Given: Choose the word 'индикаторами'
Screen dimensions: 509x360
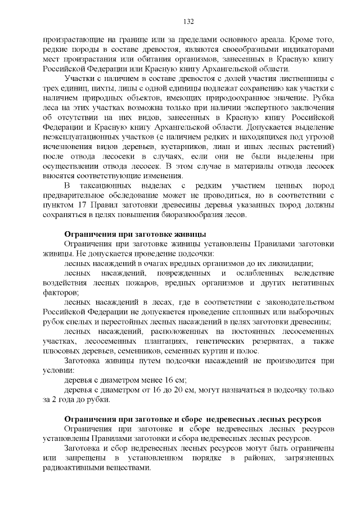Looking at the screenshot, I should pyautogui.click(x=309, y=49).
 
